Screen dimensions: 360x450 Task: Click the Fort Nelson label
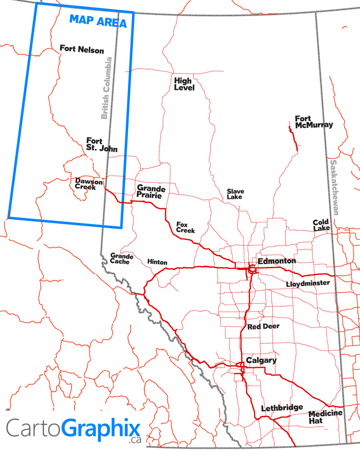click(81, 49)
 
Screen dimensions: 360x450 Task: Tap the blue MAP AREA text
click(97, 21)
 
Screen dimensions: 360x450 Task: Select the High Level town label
click(184, 84)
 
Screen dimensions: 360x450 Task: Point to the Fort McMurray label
click(314, 121)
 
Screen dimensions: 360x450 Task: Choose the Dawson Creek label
click(88, 184)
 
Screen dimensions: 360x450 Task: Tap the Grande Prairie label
click(151, 192)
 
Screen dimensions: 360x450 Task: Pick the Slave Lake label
click(234, 194)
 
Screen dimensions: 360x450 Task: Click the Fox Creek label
click(185, 227)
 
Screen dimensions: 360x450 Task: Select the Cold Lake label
click(321, 225)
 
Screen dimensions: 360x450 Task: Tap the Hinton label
click(157, 262)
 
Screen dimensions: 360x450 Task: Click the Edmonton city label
click(277, 261)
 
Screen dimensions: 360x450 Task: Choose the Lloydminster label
click(308, 283)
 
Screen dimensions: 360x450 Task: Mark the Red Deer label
click(263, 326)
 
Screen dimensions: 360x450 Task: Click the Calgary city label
click(261, 360)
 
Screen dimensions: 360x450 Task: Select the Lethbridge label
click(282, 408)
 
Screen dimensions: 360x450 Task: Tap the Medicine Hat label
click(325, 417)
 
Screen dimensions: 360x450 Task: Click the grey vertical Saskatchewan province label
click(334, 187)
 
